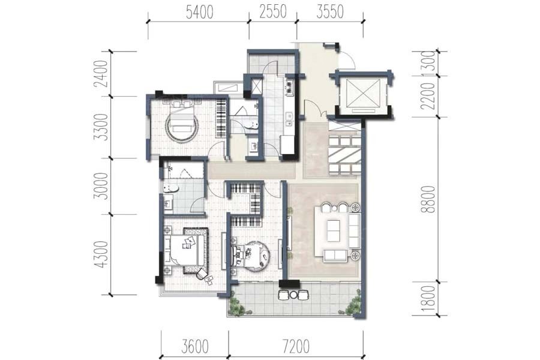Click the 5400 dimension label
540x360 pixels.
199,13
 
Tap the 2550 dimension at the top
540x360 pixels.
273,12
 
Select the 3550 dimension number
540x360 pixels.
330,12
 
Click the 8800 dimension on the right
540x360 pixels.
428,199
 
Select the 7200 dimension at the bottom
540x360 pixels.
295,347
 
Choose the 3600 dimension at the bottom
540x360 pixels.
195,347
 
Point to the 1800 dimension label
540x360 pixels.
428,299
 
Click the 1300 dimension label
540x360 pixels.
428,64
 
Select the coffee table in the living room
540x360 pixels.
334,230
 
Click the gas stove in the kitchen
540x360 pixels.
288,87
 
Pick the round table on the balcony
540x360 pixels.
293,295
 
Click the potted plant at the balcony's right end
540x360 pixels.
353,304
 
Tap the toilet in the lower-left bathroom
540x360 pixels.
171,188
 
